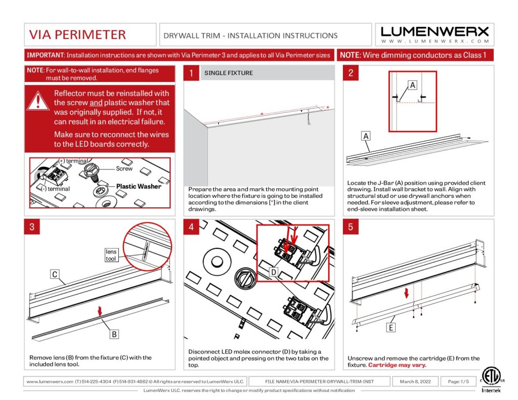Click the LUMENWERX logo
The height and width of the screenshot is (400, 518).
435,34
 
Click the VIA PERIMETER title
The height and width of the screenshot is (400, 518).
77,34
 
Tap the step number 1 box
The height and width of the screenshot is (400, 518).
191,73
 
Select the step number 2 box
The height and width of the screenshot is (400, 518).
351,73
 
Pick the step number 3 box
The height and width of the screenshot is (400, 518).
32,227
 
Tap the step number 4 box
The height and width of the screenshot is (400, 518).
191,227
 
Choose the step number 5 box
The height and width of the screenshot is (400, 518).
351,227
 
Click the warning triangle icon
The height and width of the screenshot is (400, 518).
38,100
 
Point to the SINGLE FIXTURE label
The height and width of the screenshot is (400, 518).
229,73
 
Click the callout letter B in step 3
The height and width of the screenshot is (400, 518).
115,334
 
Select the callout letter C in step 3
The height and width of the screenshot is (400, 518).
55,275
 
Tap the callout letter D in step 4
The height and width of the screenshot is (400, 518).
273,273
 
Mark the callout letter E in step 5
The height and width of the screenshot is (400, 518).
391,328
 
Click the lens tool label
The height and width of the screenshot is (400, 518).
111,255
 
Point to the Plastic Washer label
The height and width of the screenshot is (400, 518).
139,186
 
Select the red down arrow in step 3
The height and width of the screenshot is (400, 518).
100,312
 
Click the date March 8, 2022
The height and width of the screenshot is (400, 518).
415,381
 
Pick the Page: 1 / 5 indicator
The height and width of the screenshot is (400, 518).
455,381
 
